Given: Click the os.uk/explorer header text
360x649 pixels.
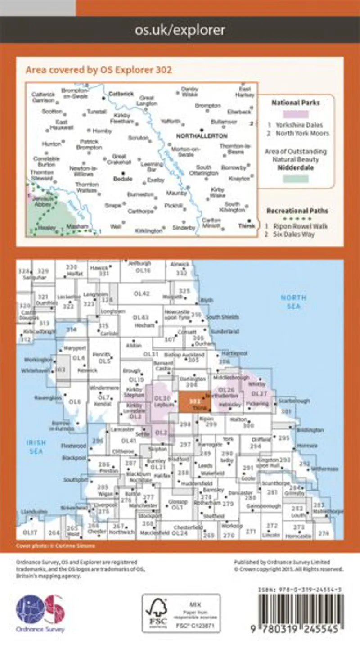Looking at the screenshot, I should tap(180, 30).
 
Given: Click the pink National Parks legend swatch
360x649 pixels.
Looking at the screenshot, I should tap(295, 114).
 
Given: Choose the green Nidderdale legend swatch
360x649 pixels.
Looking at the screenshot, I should tap(295, 179).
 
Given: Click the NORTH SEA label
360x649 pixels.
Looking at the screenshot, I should tap(293, 302).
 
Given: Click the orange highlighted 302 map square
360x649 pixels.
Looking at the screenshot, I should tap(194, 401).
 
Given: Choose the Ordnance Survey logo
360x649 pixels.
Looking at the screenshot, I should tap(40, 613).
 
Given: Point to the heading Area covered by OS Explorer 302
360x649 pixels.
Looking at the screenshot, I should tap(99, 70).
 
